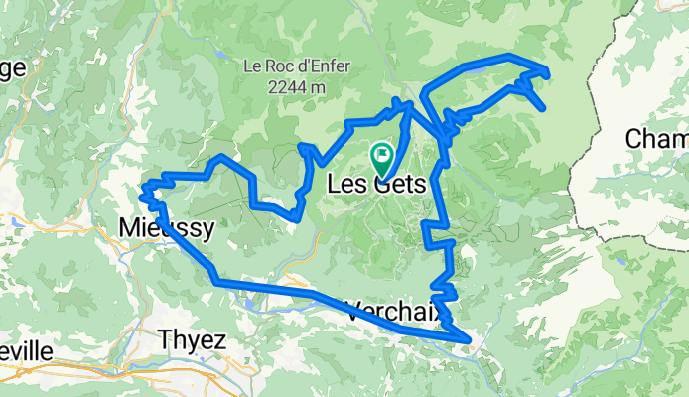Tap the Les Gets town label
coord(376,185)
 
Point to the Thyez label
coord(192,340)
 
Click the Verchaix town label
coord(394,310)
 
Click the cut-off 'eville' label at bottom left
coord(24,351)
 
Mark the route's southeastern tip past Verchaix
coord(467,340)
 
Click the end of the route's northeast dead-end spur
coord(543,107)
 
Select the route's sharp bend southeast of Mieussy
coord(215,282)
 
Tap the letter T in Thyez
coord(165,340)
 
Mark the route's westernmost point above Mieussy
coord(143,187)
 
